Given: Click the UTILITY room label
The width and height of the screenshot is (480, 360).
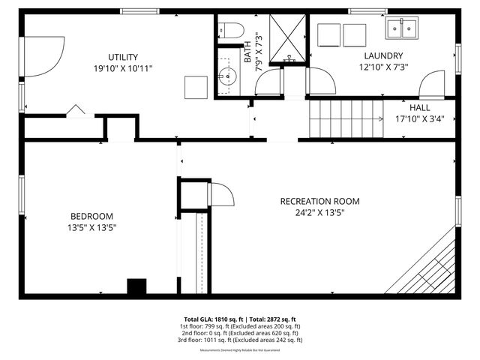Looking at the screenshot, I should click(x=122, y=57).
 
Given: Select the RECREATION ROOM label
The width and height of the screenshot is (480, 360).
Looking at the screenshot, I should click(x=319, y=201).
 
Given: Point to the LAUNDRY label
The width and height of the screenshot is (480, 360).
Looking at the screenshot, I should click(x=383, y=55).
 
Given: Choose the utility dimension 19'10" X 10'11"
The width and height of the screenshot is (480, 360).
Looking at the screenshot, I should click(x=122, y=68).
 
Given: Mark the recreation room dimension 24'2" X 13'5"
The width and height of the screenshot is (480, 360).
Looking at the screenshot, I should click(x=319, y=212).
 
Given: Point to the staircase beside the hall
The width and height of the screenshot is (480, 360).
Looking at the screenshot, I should click(x=346, y=118).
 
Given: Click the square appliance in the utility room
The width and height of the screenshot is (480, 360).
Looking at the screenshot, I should click(x=196, y=87).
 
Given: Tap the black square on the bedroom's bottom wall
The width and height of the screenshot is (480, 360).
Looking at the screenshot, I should click(x=136, y=287).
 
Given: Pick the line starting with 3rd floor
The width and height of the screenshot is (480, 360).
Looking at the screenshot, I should click(x=240, y=340).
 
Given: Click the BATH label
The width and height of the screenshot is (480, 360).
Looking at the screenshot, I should click(x=247, y=55).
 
